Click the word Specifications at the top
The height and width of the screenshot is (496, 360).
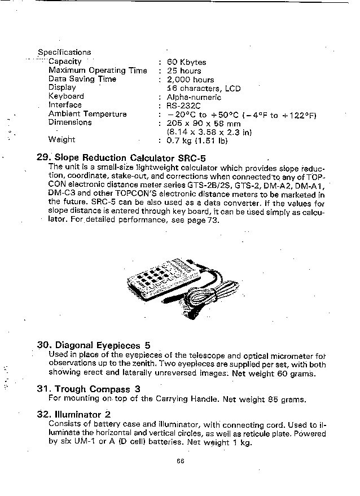(64, 52)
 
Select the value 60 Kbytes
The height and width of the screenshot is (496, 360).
(186, 62)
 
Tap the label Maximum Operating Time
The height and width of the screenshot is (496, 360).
(98, 71)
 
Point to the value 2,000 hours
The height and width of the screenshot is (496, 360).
(190, 80)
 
